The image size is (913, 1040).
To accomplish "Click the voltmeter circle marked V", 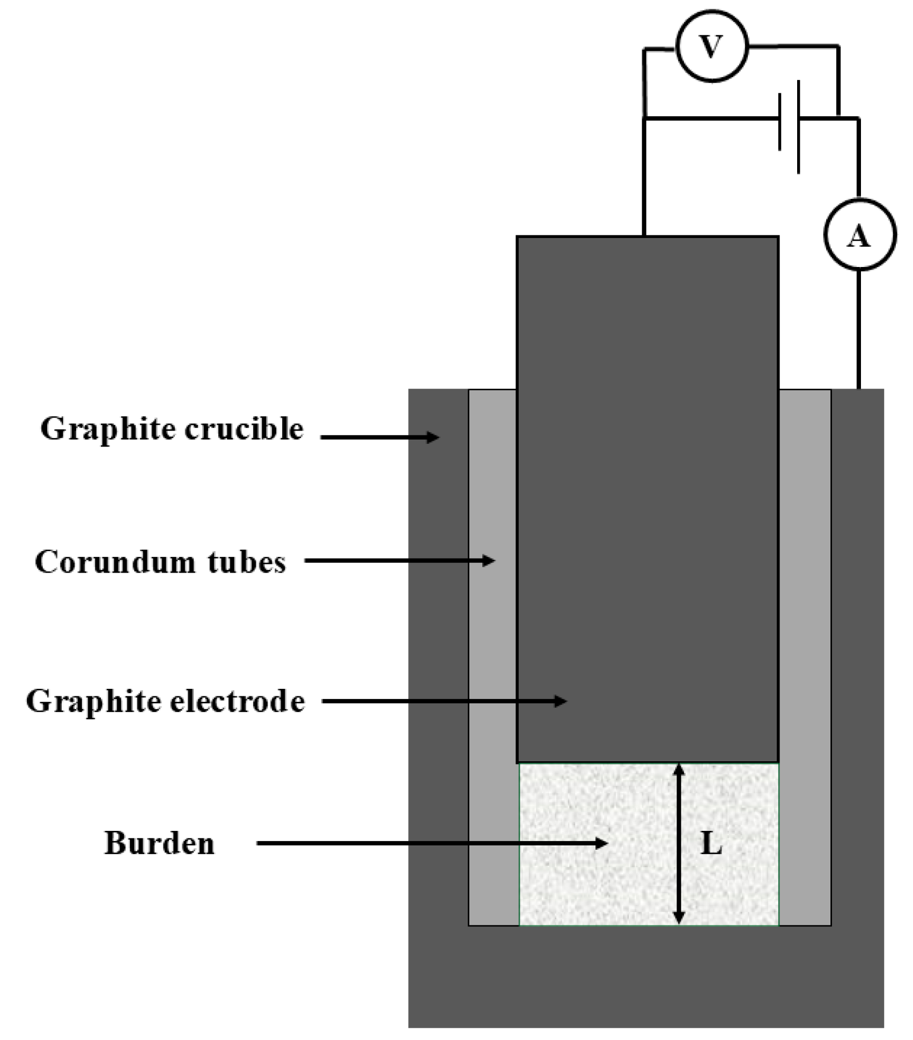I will (712, 47).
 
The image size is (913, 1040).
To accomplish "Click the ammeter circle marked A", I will (859, 235).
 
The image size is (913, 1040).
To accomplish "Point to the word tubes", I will (247, 562).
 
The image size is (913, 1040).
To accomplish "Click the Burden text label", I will (159, 843).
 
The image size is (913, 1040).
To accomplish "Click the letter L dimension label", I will (711, 845).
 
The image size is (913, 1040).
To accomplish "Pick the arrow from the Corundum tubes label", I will (399, 561).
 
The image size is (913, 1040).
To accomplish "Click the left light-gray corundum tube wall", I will (492, 643).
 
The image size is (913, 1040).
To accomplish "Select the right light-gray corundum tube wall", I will (805, 643).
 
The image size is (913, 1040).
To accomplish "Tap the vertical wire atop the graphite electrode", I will (644, 177).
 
